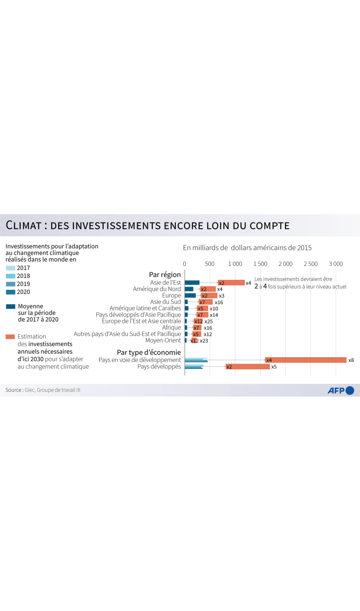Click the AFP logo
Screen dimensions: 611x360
tap(340, 390)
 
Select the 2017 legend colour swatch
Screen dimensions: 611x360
tap(10, 268)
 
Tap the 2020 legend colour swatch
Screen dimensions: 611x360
tap(10, 292)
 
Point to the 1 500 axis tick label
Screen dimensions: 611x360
tap(260, 264)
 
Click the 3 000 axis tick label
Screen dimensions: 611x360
tap(335, 264)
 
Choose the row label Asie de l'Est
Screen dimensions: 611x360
tap(165, 283)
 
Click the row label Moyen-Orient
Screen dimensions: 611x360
tap(163, 340)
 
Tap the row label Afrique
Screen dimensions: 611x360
tap(172, 327)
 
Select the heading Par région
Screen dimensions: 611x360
tap(165, 275)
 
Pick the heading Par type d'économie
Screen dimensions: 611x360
tap(149, 353)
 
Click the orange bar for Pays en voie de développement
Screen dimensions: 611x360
tap(306, 360)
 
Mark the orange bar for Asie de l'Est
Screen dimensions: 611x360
tap(231, 283)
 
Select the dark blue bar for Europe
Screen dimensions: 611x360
tap(190, 296)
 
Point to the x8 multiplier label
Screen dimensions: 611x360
tap(351, 360)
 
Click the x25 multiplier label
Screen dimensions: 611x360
tap(208, 322)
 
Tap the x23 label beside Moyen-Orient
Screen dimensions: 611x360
tap(204, 341)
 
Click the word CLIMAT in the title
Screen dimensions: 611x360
tap(23, 225)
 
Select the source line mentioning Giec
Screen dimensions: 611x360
tap(43, 390)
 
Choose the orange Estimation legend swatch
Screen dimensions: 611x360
tap(10, 337)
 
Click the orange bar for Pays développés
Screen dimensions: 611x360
tap(248, 367)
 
